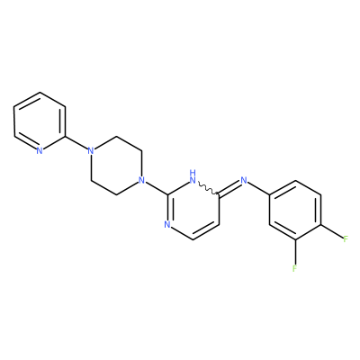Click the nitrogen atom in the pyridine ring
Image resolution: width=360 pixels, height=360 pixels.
pyautogui.click(x=40, y=151)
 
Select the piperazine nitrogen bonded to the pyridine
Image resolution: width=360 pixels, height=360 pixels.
pyautogui.click(x=91, y=151)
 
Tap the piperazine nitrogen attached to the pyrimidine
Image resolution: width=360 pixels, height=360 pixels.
pyautogui.click(x=142, y=181)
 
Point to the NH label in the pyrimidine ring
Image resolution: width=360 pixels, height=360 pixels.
pyautogui.click(x=193, y=177)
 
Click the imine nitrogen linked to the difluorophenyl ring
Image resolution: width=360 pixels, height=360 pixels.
pyautogui.click(x=244, y=181)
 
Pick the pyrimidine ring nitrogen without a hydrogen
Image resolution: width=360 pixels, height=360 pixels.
pyautogui.click(x=167, y=225)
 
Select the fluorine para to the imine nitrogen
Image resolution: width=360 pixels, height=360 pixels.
pyautogui.click(x=346, y=239)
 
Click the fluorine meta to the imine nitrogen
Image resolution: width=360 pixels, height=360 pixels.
pyautogui.click(x=295, y=268)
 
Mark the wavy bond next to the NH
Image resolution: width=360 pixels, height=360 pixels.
pyautogui.click(x=208, y=188)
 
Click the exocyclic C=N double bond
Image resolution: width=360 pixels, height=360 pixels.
pyautogui.click(x=229, y=187)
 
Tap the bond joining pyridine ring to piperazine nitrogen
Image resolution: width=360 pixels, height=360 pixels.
pyautogui.click(x=76, y=143)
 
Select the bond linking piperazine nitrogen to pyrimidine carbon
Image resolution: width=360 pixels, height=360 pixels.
pyautogui.click(x=157, y=188)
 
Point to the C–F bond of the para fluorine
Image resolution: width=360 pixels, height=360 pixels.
pyautogui.click(x=332, y=231)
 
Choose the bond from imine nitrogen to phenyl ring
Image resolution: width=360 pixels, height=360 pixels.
pyautogui.click(x=258, y=188)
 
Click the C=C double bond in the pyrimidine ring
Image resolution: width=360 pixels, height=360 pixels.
pyautogui.click(x=206, y=231)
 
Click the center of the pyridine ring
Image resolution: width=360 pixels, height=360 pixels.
pyautogui.click(x=40, y=121)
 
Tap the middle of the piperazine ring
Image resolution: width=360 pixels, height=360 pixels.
pyautogui.click(x=116, y=166)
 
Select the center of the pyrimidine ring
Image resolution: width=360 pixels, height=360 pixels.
pyautogui.click(x=193, y=210)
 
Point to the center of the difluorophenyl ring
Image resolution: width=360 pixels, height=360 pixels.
pyautogui.click(x=295, y=210)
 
